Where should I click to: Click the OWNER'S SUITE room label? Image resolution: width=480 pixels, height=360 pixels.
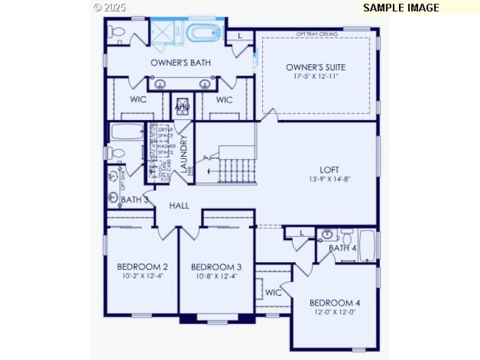pyautogui.click(x=316, y=67)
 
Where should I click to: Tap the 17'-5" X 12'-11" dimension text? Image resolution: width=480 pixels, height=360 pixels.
pyautogui.click(x=316, y=77)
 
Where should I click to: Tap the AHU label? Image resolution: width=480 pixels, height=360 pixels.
pyautogui.click(x=182, y=107)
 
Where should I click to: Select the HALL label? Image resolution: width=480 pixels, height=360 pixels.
pyautogui.click(x=179, y=206)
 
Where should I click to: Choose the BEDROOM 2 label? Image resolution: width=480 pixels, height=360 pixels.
pyautogui.click(x=142, y=267)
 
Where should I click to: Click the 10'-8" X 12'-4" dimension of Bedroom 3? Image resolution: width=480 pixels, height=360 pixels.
pyautogui.click(x=216, y=277)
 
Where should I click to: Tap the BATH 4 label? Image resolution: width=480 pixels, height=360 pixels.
pyautogui.click(x=342, y=248)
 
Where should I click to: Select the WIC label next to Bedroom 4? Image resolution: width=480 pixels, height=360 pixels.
pyautogui.click(x=274, y=293)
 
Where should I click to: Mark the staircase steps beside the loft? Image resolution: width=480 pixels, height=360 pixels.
pyautogui.click(x=236, y=172)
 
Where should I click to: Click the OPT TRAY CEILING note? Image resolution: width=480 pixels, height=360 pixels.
pyautogui.click(x=317, y=34)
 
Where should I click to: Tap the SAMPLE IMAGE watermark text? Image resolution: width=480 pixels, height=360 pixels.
pyautogui.click(x=401, y=8)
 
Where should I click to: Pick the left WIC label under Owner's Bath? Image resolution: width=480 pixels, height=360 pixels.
pyautogui.click(x=139, y=100)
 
